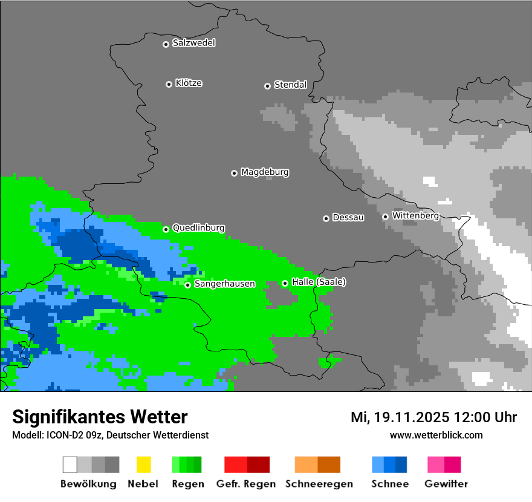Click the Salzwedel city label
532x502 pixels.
[193, 43]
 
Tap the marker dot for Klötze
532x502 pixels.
[169, 84]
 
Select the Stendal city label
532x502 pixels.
[290, 85]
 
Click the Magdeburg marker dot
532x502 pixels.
[234, 173]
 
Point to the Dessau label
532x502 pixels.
[348, 217]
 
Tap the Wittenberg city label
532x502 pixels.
[415, 215]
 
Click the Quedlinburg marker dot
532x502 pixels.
[166, 229]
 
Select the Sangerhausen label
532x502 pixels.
[224, 284]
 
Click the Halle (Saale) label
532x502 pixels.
[319, 282]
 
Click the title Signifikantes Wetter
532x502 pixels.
[100, 417]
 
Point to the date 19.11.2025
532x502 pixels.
[412, 417]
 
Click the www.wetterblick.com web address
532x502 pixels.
[436, 435]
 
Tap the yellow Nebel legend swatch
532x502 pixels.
[143, 465]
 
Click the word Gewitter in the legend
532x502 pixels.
[446, 484]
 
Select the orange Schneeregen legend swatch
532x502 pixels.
[306, 465]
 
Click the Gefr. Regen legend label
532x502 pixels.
[246, 484]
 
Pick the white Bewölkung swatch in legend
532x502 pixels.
[70, 465]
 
